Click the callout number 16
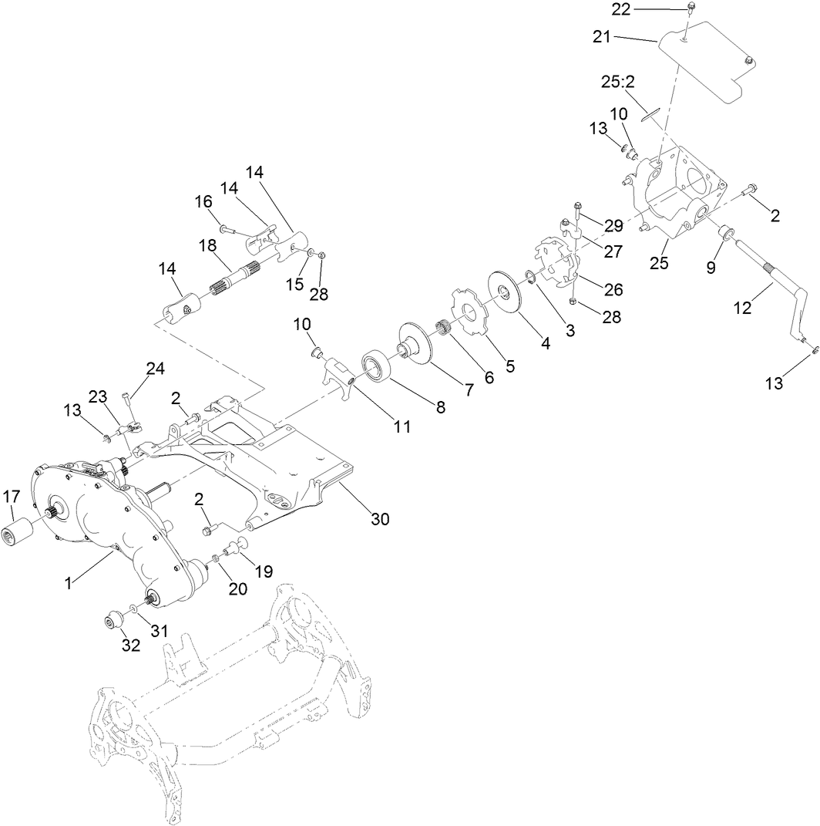point(203,202)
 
